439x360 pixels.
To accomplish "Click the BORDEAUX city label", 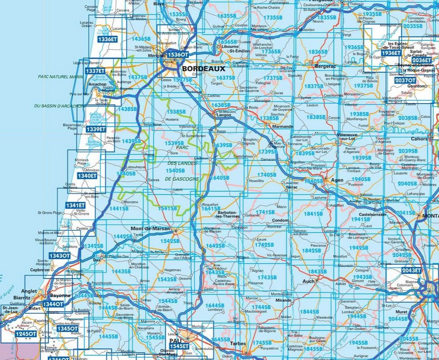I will (198, 68).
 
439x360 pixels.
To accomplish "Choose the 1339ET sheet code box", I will (95, 129).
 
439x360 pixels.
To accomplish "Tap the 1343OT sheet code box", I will (60, 256).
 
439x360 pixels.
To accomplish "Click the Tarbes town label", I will (238, 344).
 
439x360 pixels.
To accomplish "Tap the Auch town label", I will (309, 281).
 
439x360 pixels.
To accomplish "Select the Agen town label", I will (337, 180).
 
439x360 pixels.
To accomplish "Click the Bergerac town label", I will (325, 67).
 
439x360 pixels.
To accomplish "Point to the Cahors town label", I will (420, 138).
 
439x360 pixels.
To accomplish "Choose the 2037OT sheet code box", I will (405, 81).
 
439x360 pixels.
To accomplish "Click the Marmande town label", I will (283, 126).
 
